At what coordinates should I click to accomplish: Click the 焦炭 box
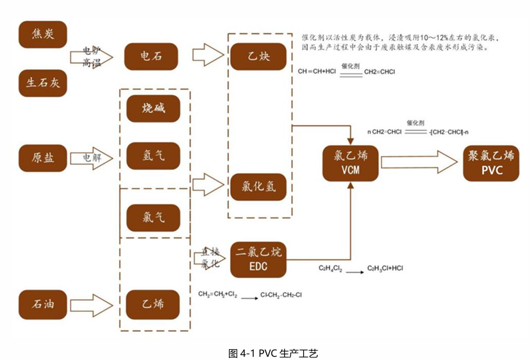click(43, 35)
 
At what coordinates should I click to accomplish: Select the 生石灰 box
click(43, 83)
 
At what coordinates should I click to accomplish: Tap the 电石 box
click(151, 56)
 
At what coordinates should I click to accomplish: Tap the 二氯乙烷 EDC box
click(258, 258)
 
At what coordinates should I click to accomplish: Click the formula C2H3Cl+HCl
click(385, 268)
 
